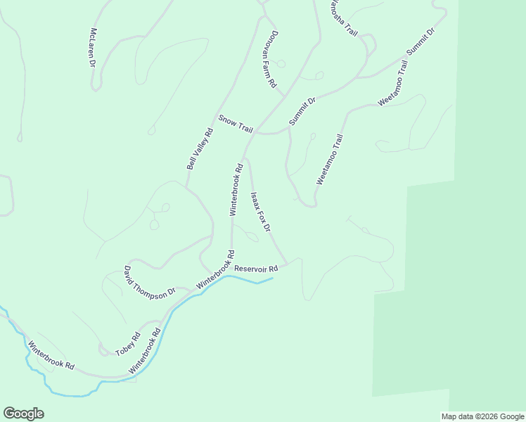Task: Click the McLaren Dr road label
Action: (92, 48)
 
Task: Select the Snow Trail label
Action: (235, 124)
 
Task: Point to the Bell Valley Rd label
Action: (200, 148)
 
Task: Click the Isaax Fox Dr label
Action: (260, 212)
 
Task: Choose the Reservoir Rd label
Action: (256, 268)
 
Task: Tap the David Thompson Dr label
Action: (150, 283)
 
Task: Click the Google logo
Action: (23, 413)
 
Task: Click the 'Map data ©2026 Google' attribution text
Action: (482, 416)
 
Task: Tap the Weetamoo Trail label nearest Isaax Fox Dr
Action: (329, 160)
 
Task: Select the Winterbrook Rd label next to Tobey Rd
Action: (145, 350)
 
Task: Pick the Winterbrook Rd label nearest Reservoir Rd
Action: (215, 270)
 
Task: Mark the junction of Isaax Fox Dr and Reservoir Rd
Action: (287, 264)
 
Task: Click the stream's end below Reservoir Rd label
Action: (272, 279)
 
